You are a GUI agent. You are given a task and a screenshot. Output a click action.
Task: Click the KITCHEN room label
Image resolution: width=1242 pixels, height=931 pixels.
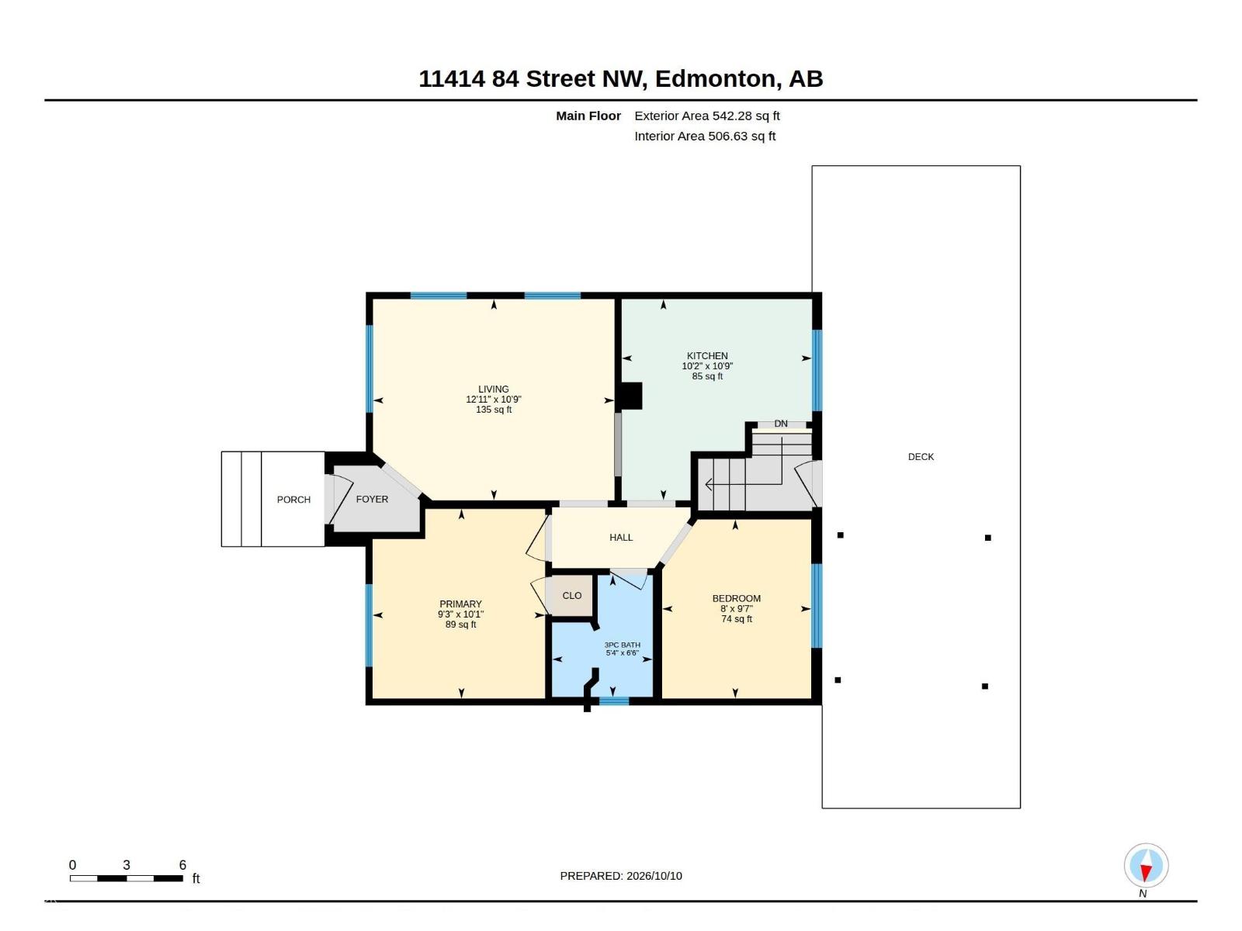[706, 355]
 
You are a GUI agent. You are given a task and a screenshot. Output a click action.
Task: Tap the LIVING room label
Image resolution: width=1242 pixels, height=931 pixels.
[494, 389]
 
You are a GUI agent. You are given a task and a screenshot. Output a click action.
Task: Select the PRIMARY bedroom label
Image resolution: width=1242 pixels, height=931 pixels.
[460, 604]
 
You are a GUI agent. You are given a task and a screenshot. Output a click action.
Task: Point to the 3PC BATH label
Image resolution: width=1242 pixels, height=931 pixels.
[623, 645]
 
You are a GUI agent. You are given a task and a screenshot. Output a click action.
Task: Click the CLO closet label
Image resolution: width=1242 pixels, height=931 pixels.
[572, 595]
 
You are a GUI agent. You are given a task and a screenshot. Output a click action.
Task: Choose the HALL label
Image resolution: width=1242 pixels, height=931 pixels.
[621, 537]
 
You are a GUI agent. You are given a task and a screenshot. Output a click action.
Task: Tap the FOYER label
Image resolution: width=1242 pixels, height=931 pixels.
[372, 499]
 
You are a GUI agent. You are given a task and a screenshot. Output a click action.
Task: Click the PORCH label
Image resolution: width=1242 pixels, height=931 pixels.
[293, 500]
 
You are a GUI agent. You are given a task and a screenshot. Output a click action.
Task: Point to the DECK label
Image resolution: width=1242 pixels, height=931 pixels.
[921, 457]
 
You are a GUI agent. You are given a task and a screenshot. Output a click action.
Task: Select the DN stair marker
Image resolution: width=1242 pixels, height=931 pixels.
[781, 424]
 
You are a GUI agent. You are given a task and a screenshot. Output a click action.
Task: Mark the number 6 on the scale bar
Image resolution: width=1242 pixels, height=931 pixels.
[182, 865]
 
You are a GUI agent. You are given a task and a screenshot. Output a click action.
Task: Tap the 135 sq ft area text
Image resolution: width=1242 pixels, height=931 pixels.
[494, 410]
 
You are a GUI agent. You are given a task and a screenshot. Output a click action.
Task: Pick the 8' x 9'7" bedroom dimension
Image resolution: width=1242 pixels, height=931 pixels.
[736, 609]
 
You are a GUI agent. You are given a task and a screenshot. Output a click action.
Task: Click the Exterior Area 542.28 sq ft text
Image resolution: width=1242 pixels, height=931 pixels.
[706, 116]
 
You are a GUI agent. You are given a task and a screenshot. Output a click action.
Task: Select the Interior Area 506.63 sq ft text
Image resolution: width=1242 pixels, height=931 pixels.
[705, 137]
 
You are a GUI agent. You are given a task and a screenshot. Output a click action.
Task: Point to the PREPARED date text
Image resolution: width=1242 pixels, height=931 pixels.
[621, 876]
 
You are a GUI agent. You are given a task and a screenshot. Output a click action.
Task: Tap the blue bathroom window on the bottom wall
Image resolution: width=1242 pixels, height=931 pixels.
[614, 701]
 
